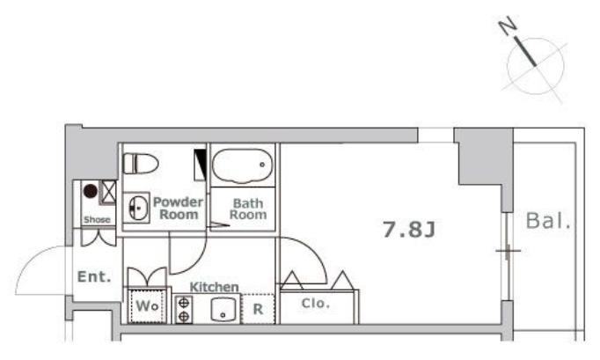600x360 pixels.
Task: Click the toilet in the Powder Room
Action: (141, 164)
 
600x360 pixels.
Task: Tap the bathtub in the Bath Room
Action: (242, 165)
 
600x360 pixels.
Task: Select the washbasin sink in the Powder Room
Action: (137, 208)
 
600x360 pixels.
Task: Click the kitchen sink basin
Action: (223, 310)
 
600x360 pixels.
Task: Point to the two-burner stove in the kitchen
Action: (184, 310)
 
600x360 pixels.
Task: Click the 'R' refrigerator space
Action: (258, 309)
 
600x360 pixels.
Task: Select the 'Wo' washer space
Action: (147, 306)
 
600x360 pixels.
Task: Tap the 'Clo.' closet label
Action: (316, 304)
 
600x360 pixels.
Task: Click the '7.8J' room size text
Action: (409, 230)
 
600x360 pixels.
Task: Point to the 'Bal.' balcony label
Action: (548, 221)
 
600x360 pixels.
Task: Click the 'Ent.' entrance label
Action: (94, 276)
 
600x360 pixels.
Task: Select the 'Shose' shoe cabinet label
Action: (97, 219)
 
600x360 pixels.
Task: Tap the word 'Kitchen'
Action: (215, 287)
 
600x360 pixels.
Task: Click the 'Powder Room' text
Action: (179, 208)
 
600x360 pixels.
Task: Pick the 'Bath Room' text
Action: (248, 209)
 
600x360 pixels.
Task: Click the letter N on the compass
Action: (508, 26)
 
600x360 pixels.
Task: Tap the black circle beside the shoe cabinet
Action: (91, 191)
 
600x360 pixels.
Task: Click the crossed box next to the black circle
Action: (108, 192)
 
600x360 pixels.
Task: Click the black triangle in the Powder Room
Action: (201, 163)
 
